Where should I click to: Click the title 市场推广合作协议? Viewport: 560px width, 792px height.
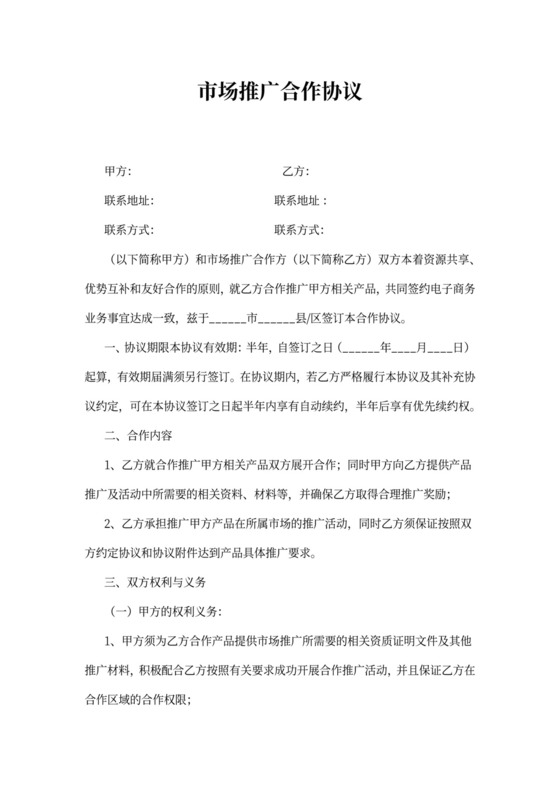pyautogui.click(x=279, y=93)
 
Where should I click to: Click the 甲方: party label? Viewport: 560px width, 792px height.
pyautogui.click(x=119, y=172)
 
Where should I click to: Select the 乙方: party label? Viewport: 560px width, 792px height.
pyautogui.click(x=296, y=172)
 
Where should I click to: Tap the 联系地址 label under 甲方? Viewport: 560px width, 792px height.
pyautogui.click(x=129, y=201)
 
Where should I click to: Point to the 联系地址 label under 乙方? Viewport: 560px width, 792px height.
pyautogui.click(x=300, y=201)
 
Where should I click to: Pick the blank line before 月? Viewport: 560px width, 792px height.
pyautogui.click(x=404, y=349)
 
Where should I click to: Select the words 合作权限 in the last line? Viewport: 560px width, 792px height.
pyautogui.click(x=158, y=700)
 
